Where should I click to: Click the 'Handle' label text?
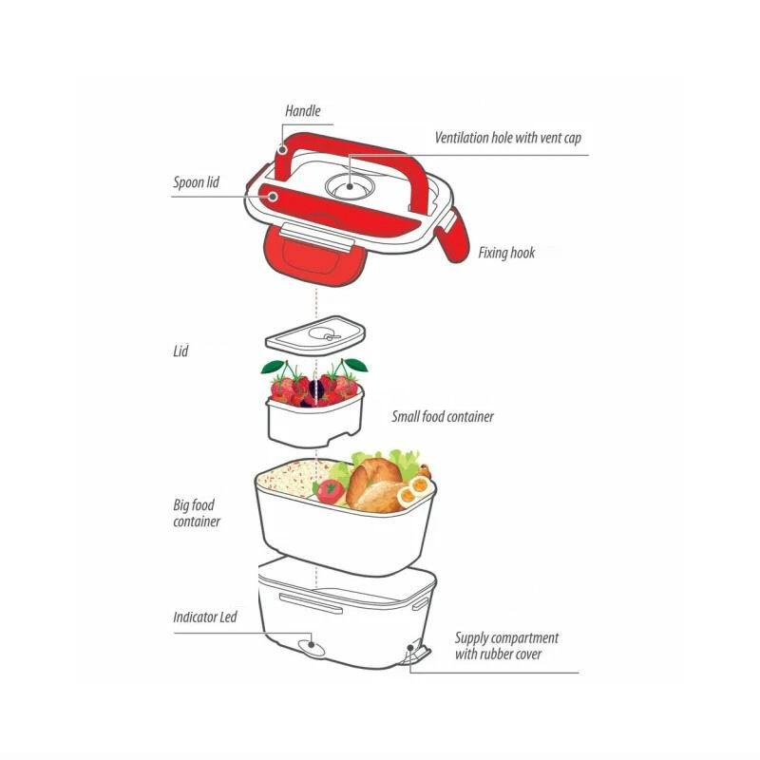[x=302, y=111]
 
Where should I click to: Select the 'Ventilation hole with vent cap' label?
[x=507, y=138]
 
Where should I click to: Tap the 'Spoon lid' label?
[x=196, y=182]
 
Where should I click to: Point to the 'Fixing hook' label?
[x=506, y=253]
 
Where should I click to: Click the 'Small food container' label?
[x=443, y=417]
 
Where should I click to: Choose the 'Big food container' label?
[x=197, y=513]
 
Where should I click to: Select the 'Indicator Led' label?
[x=205, y=617]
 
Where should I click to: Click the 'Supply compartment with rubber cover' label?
[x=506, y=646]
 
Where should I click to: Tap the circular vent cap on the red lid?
[x=350, y=186]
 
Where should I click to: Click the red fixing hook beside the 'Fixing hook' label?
[x=453, y=235]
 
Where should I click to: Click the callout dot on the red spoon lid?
[x=273, y=197]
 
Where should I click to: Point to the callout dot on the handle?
[x=282, y=149]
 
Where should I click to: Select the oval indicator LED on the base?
[x=311, y=647]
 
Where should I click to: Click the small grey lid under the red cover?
[x=315, y=335]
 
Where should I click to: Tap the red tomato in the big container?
[x=330, y=491]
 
